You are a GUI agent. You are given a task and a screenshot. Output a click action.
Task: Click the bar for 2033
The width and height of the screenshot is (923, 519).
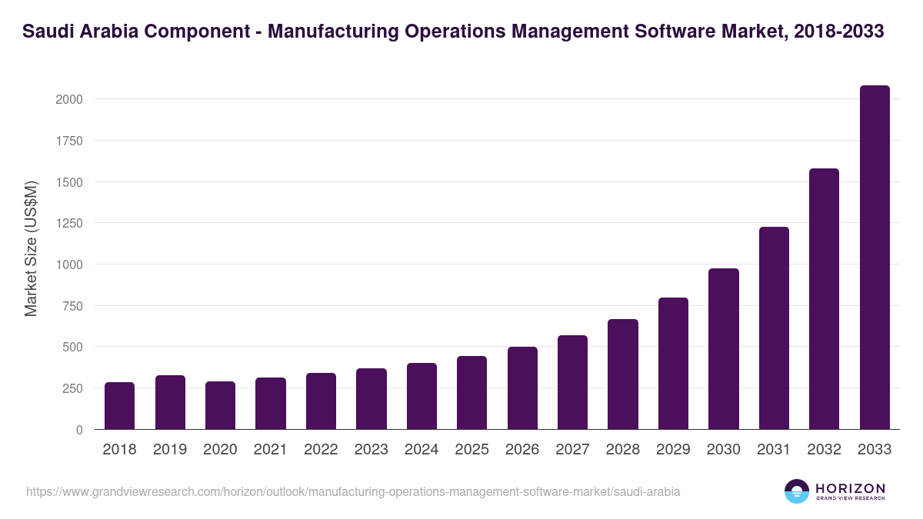coord(875,258)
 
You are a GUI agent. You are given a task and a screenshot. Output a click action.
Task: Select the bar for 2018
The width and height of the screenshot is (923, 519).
coord(119,406)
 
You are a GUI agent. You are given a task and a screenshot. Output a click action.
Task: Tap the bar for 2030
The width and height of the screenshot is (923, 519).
coord(724,349)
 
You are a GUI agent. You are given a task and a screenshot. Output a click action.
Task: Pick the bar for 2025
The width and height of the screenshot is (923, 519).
coord(471,393)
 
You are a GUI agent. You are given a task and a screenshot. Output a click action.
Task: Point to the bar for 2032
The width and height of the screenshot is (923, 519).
coord(825,299)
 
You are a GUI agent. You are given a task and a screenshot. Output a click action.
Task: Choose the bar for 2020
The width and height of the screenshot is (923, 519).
coord(220,405)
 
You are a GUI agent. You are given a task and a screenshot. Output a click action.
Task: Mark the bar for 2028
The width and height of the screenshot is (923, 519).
coord(623,374)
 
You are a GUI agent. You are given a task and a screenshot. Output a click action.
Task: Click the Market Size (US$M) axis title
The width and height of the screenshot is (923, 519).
coord(31,248)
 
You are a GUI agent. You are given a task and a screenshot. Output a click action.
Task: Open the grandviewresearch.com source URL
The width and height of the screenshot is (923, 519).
coord(353,491)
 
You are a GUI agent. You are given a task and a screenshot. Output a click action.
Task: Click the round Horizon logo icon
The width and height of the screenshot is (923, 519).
coord(797,491)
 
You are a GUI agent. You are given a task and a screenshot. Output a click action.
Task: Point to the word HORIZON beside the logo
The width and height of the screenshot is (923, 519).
coord(850,487)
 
